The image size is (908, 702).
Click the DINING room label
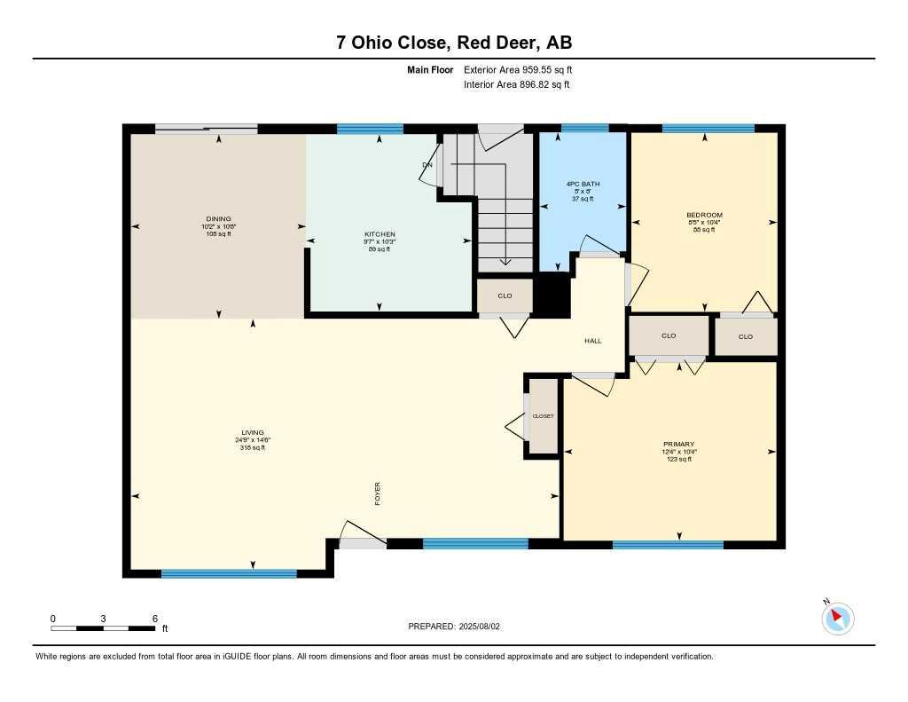coord(218,218)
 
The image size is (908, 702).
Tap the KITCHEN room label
coord(380,234)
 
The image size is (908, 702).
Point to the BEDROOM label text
coord(704,215)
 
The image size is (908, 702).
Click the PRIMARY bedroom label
coord(678,444)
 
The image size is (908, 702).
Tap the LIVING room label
coord(253,432)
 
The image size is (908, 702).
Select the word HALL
coord(593,341)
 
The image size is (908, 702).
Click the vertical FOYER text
coord(377,493)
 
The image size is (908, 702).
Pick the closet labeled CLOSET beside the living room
coord(543,416)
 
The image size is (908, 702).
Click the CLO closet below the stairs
coord(505,296)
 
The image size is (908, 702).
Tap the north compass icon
coord(837,618)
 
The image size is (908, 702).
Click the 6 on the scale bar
coord(154,618)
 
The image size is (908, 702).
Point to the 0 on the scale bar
coord(53,618)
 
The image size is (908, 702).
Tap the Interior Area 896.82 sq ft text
coord(516,85)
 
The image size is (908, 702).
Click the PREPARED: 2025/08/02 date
coord(454,626)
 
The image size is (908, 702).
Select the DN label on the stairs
coord(427,165)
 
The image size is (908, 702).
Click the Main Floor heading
coord(430,69)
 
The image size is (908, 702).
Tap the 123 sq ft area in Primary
coord(678,459)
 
